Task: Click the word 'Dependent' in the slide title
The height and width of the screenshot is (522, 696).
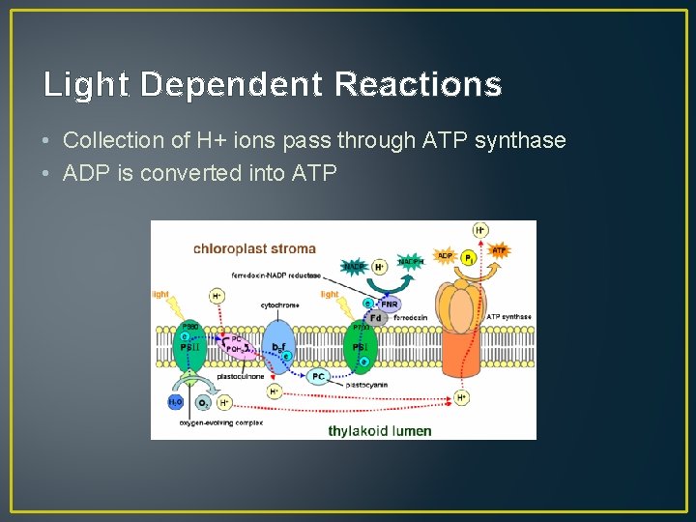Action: pos(231,85)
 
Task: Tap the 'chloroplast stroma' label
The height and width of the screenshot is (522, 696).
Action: pos(254,249)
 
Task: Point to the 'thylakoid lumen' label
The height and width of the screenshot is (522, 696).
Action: pos(379,430)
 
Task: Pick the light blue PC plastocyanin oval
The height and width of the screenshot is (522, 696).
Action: pos(319,377)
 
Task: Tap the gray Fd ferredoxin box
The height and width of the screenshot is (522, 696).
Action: pos(376,317)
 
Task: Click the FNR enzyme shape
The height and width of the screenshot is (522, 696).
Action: pos(389,304)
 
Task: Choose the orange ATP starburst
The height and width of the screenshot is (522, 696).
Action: pos(499,251)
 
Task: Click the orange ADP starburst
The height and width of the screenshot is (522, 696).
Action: pos(445,256)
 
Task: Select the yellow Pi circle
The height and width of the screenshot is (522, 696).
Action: pos(469,258)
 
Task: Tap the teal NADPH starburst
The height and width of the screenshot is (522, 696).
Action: pos(411,261)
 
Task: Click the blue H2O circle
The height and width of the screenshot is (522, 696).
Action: pos(176,401)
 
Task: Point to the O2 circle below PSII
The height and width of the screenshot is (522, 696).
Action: pos(203,402)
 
